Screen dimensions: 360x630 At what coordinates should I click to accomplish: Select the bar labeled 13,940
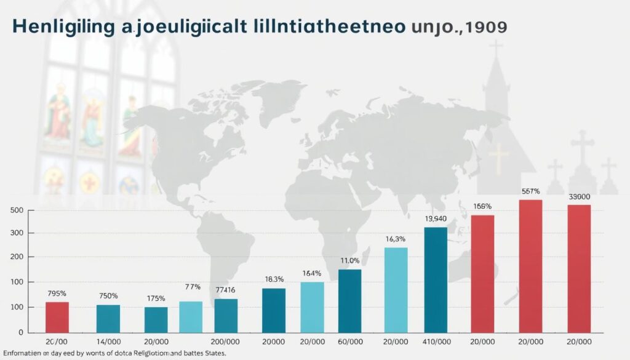436,279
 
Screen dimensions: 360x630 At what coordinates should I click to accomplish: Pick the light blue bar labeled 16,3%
396,289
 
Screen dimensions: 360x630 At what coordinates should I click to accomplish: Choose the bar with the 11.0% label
349,300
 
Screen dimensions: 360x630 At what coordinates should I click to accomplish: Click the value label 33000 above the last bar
579,197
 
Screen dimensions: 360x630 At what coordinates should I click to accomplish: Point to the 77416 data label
226,289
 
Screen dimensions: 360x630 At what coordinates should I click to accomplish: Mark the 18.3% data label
274,279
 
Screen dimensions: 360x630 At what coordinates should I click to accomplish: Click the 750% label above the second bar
108,296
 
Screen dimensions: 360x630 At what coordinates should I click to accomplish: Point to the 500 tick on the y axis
17,210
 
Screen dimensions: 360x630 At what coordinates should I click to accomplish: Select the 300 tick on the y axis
17,233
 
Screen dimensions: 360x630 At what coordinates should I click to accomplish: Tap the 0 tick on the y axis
20,332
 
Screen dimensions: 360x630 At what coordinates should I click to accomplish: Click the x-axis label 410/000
436,342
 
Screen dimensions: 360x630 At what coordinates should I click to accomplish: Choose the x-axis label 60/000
349,342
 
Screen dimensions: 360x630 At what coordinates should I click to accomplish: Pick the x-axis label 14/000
108,342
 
